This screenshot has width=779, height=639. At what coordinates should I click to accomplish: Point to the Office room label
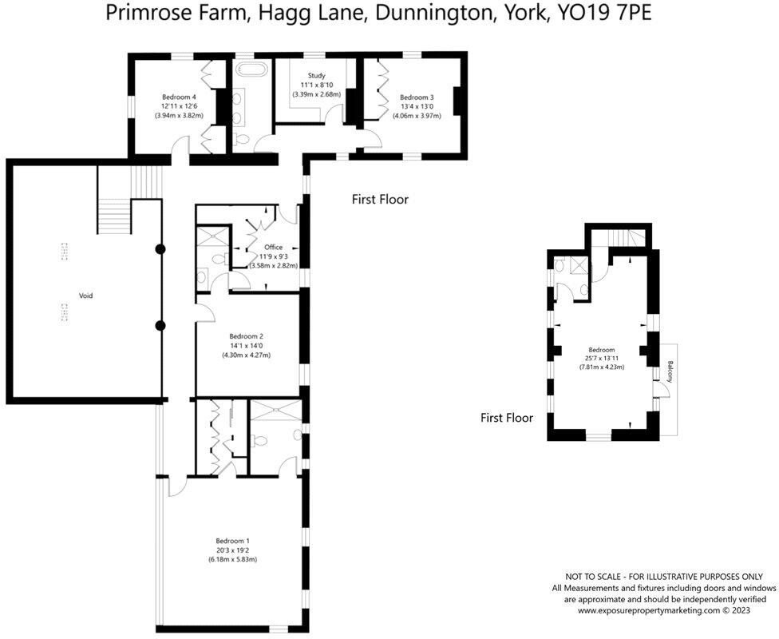click(x=274, y=247)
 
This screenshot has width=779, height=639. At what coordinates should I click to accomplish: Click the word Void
click(x=85, y=296)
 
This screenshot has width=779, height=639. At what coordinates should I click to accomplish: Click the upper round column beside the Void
click(x=160, y=249)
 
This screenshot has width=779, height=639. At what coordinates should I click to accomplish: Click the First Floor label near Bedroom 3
click(x=380, y=199)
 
